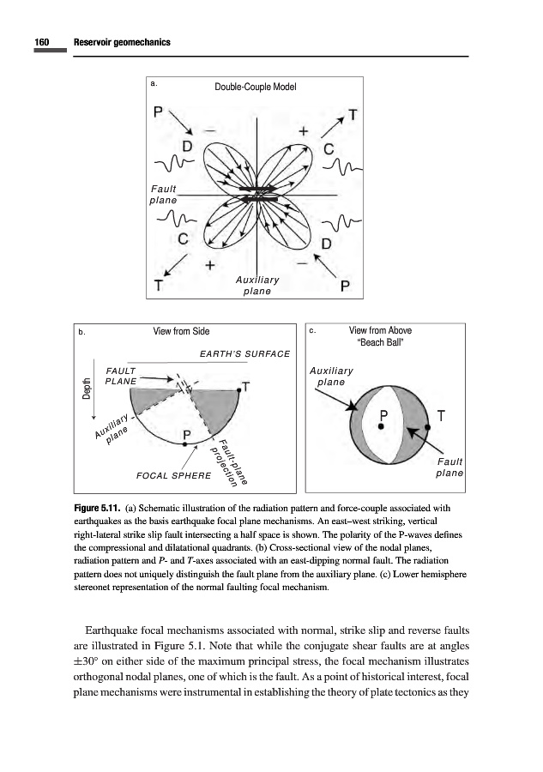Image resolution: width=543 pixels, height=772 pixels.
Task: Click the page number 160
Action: [40, 43]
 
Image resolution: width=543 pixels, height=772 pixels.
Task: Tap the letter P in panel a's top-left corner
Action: [158, 112]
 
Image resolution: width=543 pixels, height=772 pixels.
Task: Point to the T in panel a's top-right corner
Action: [353, 114]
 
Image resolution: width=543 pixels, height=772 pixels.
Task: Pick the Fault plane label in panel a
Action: [163, 194]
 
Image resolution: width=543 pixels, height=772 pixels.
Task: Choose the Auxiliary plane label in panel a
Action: [256, 286]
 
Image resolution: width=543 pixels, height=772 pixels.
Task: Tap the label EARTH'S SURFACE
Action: [244, 353]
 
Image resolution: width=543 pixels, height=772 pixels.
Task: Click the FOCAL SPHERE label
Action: [174, 474]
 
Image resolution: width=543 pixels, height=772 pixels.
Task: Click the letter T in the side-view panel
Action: [246, 387]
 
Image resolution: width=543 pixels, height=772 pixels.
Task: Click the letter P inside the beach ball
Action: [384, 416]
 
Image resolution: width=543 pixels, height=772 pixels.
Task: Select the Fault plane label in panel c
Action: [449, 467]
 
